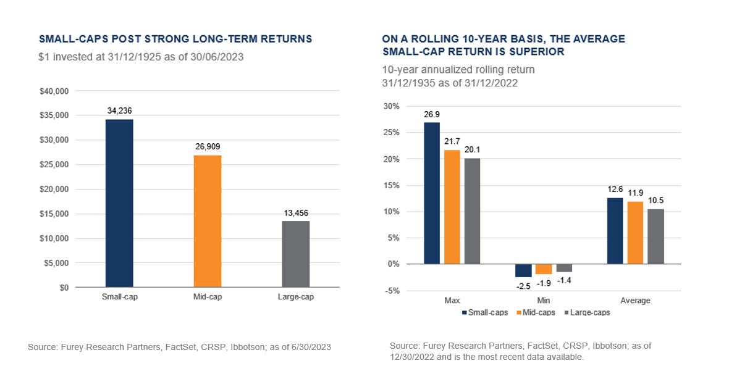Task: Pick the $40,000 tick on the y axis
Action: click(54, 91)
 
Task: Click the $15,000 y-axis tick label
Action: click(54, 214)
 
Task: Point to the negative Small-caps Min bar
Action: click(523, 270)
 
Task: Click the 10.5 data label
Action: click(655, 201)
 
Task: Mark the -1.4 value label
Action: click(563, 281)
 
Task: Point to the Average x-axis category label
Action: click(635, 301)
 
